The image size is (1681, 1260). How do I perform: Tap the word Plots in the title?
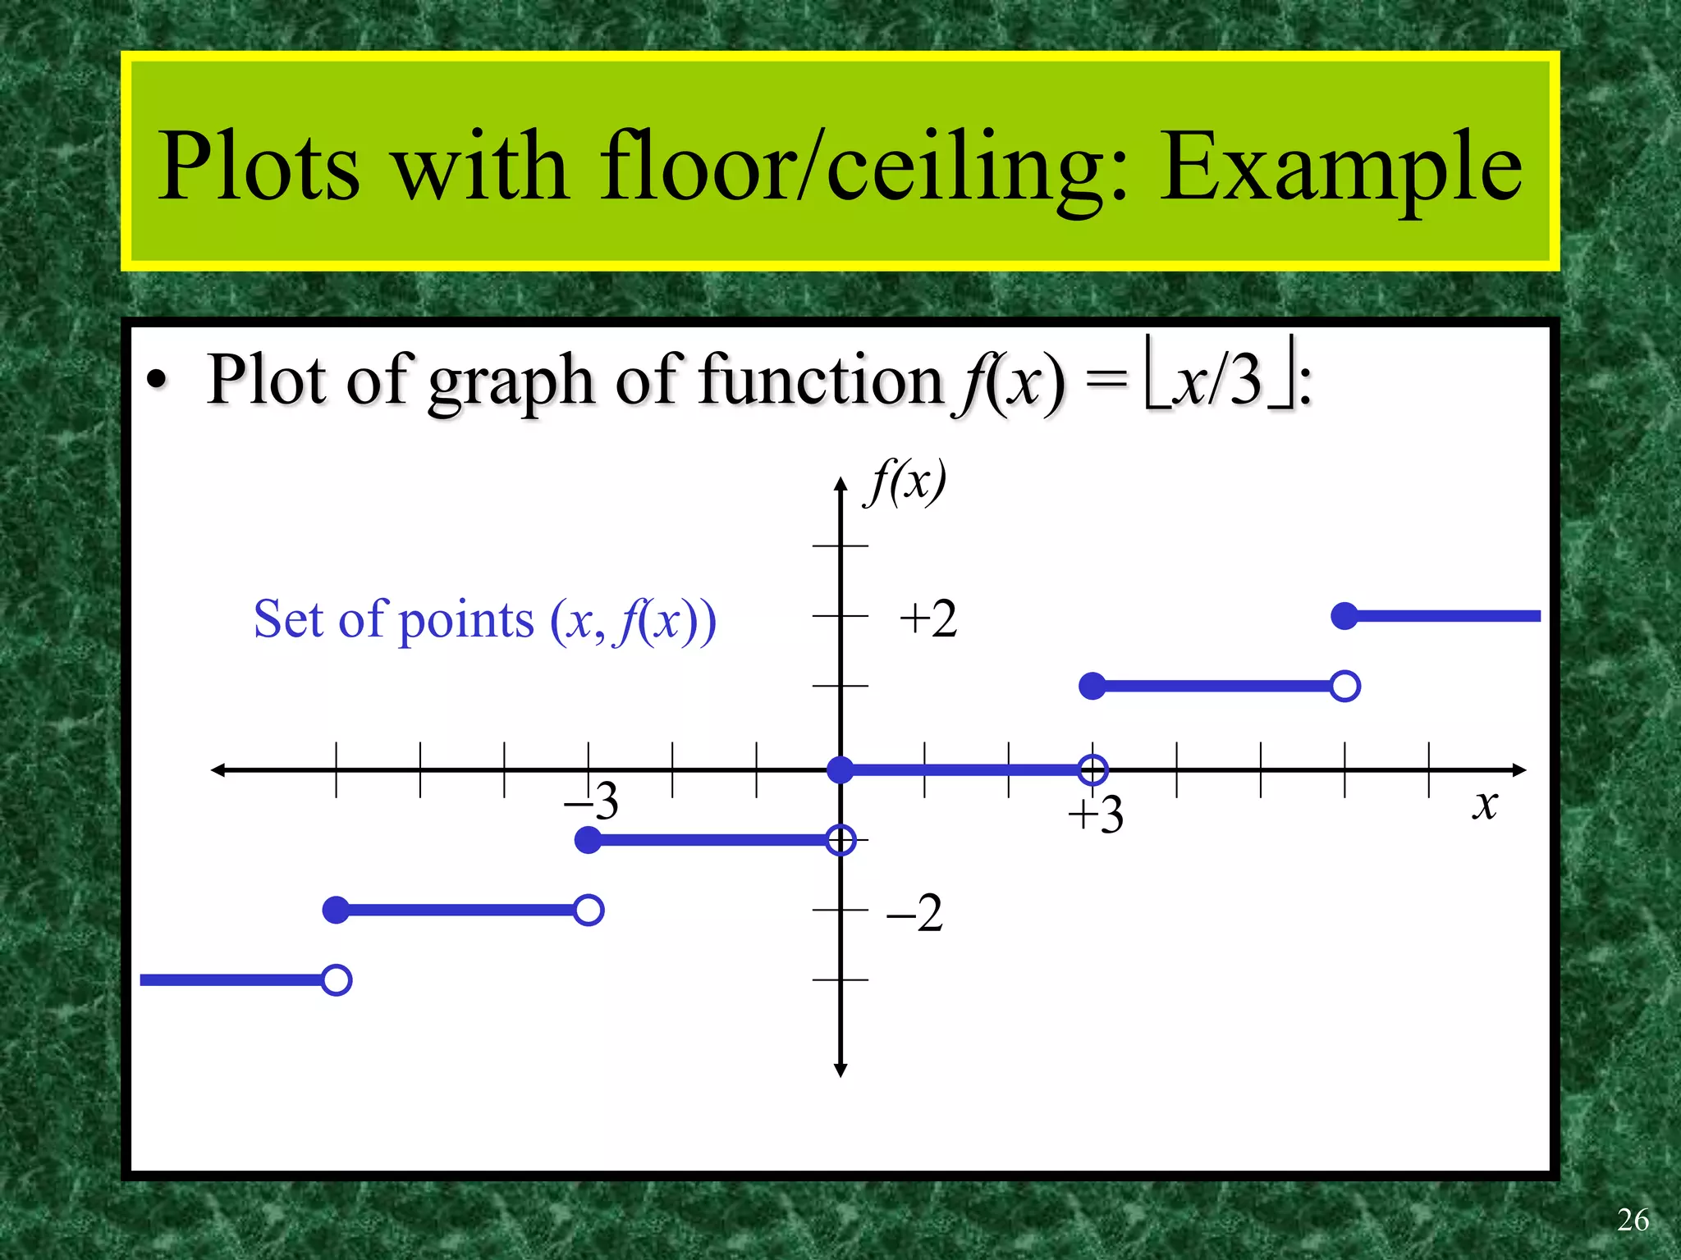pyautogui.click(x=259, y=167)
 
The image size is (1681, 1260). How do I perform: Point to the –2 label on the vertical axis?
pyautogui.click(x=915, y=912)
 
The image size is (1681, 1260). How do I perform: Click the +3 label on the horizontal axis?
pyautogui.click(x=1096, y=815)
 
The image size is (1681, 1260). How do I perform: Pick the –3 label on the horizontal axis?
pyautogui.click(x=592, y=800)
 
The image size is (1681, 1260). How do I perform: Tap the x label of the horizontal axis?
pyautogui.click(x=1485, y=804)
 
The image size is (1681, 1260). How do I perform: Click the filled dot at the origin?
pyautogui.click(x=840, y=769)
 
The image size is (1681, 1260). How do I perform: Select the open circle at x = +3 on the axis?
pyautogui.click(x=1092, y=769)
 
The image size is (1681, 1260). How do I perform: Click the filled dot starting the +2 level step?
pyautogui.click(x=1344, y=615)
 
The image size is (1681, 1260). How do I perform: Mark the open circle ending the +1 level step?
pyautogui.click(x=1344, y=686)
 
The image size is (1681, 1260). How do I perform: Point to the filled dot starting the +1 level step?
pyautogui.click(x=1092, y=686)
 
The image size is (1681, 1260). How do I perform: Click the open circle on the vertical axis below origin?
pyautogui.click(x=840, y=840)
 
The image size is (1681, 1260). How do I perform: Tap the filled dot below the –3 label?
pyautogui.click(x=589, y=840)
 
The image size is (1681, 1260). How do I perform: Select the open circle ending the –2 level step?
pyautogui.click(x=589, y=910)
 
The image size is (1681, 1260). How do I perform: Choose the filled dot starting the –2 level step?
pyautogui.click(x=337, y=910)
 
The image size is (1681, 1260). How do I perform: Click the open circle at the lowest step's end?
pyautogui.click(x=337, y=980)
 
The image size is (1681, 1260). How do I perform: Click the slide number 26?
pyautogui.click(x=1633, y=1220)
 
